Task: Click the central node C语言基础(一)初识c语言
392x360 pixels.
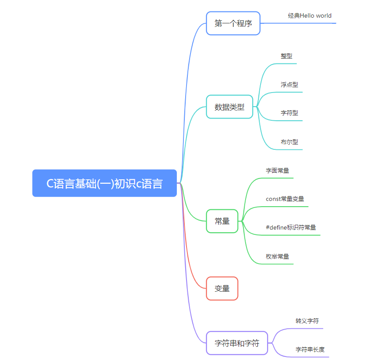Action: [105, 183]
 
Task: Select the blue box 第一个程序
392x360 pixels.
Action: [233, 23]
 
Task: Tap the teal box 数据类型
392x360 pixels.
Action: [229, 107]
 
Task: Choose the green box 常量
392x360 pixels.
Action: [222, 221]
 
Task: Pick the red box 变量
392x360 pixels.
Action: [222, 289]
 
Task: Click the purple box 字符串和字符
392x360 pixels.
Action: [237, 343]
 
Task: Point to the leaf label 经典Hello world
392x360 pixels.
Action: [310, 16]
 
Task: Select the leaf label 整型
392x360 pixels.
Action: [286, 56]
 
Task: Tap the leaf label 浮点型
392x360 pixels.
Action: [289, 84]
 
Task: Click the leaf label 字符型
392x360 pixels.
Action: [289, 113]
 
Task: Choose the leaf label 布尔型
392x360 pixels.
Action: [289, 142]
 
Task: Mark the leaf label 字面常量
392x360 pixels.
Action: [277, 171]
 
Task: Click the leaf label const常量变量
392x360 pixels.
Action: [285, 199]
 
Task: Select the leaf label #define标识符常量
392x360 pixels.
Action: [291, 227]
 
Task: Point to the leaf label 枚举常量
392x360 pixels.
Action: [277, 256]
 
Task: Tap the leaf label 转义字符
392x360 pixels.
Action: [307, 321]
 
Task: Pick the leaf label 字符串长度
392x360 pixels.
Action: [310, 349]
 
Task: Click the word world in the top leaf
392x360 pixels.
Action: [324, 16]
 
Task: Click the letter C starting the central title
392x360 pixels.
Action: [50, 184]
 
